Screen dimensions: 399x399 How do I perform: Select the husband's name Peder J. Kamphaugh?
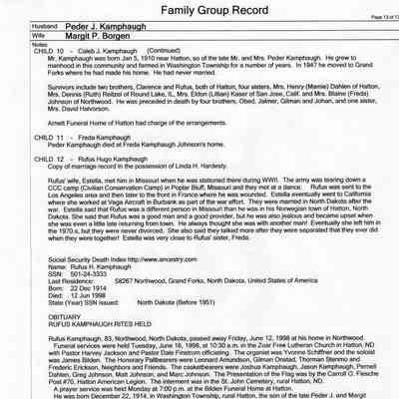[x=100, y=34]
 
